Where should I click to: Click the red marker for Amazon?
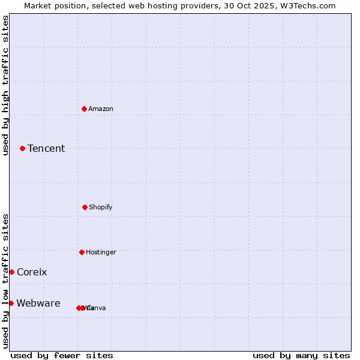pyautogui.click(x=85, y=109)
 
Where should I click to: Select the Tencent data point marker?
pyautogui.click(x=23, y=148)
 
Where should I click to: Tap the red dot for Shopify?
pyautogui.click(x=85, y=207)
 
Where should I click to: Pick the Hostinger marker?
pyautogui.click(x=82, y=252)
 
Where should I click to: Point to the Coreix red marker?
pyautogui.click(x=11, y=272)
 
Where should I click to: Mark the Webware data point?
pyautogui.click(x=11, y=303)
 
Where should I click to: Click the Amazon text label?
pyautogui.click(x=101, y=109)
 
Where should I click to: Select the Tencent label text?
pyautogui.click(x=46, y=148)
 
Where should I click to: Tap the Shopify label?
pyautogui.click(x=101, y=207)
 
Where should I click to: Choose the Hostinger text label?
pyautogui.click(x=101, y=252)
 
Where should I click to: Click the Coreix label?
pyautogui.click(x=32, y=272)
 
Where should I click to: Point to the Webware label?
pyautogui.click(x=38, y=303)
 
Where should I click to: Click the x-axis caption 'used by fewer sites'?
pyautogui.click(x=62, y=355)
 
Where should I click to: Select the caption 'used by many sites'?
pyautogui.click(x=301, y=355)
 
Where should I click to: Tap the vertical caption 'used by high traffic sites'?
pyautogui.click(x=5, y=85)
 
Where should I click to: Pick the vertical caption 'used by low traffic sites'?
pyautogui.click(x=5, y=281)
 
